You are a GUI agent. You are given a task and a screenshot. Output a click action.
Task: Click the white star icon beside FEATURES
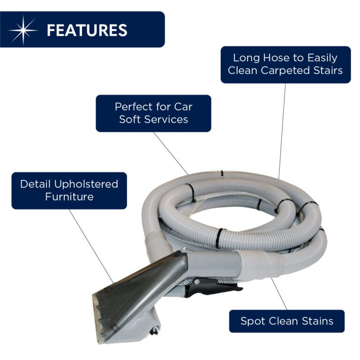click(x=23, y=30)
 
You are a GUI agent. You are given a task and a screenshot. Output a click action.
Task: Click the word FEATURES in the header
click(x=87, y=30)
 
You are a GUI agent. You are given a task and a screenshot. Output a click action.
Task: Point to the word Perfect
click(x=134, y=106)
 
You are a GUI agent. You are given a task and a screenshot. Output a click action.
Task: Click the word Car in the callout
click(x=183, y=107)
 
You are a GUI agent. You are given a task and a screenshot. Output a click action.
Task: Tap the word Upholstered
click(x=86, y=184)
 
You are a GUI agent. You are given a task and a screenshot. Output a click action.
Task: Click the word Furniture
click(x=69, y=197)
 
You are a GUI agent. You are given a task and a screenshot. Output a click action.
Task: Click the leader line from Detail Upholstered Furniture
click(x=91, y=246)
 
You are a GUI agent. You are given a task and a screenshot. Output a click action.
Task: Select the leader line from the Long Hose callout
click(x=282, y=131)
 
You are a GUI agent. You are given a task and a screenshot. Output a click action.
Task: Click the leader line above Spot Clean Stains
click(x=279, y=294)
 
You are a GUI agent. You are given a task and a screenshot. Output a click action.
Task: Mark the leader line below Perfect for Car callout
click(x=171, y=153)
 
